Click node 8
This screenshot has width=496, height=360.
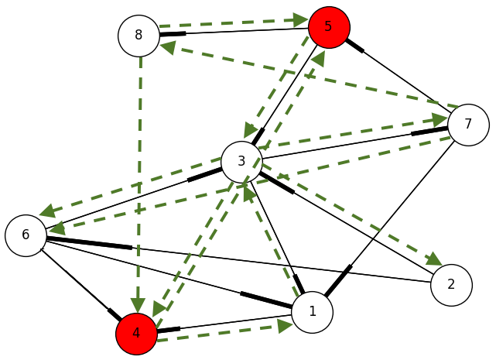tap(139, 36)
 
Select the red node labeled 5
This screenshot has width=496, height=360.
tap(329, 27)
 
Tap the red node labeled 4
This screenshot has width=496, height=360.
tap(136, 334)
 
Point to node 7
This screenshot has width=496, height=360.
tap(468, 124)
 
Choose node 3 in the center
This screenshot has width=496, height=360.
tap(241, 161)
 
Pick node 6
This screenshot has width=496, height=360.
tap(26, 235)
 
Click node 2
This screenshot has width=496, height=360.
tap(451, 284)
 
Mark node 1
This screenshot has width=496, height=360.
tap(313, 312)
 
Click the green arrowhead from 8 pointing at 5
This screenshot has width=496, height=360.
tap(300, 19)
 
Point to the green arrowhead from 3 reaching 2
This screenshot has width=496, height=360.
tap(433, 260)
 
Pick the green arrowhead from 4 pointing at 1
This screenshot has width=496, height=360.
tap(284, 325)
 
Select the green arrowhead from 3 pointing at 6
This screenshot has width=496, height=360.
tap(48, 211)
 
